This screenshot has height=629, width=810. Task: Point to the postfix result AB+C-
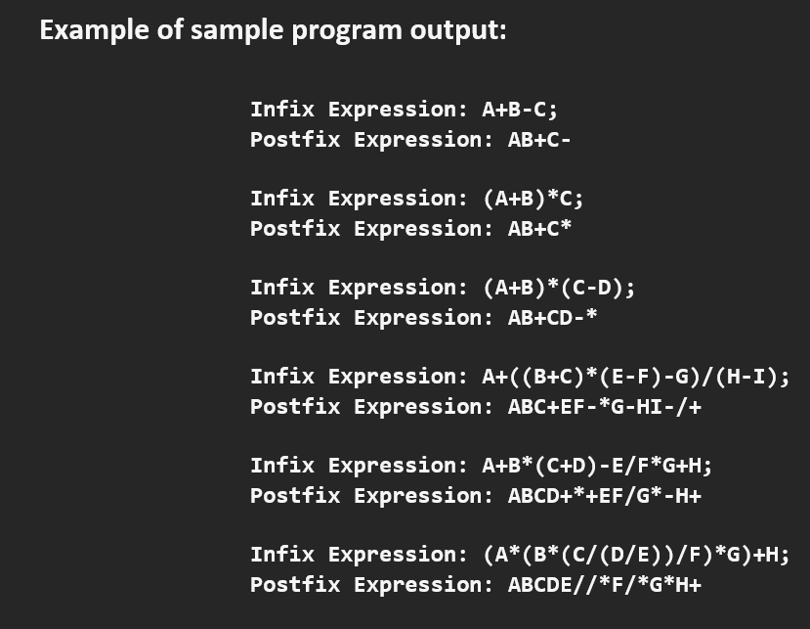pyautogui.click(x=539, y=139)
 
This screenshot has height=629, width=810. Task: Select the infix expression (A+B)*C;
pyautogui.click(x=533, y=198)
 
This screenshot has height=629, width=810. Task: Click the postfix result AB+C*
pyautogui.click(x=539, y=228)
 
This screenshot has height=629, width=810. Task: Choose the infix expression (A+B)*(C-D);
pyautogui.click(x=559, y=287)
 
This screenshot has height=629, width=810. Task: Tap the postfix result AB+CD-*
pyautogui.click(x=552, y=317)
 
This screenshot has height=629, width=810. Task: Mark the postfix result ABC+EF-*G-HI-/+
pyautogui.click(x=604, y=406)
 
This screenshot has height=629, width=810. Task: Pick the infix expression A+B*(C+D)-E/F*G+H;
pyautogui.click(x=604, y=465)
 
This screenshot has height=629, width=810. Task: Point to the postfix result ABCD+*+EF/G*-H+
pyautogui.click(x=604, y=495)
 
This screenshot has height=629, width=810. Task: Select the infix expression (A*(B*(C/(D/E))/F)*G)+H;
pyautogui.click(x=636, y=554)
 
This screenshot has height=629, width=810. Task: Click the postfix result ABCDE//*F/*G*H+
pyautogui.click(x=604, y=584)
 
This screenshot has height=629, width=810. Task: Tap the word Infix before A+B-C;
pyautogui.click(x=282, y=109)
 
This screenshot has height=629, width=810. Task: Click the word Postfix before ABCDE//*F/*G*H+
pyautogui.click(x=295, y=584)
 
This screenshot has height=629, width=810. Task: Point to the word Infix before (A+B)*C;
pyautogui.click(x=282, y=198)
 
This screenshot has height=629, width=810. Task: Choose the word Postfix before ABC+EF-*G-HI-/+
pyautogui.click(x=295, y=406)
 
